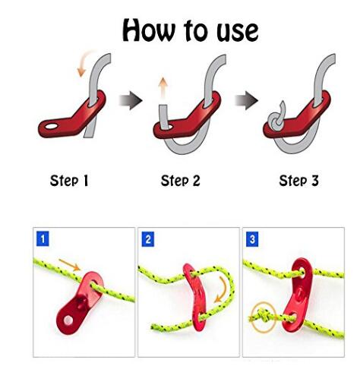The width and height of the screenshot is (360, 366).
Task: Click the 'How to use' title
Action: pos(191,30)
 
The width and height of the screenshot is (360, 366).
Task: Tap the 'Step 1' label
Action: pos(69,181)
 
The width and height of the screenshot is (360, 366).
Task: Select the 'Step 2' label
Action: pos(180,181)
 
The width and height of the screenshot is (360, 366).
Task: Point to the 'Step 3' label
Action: pos(298,181)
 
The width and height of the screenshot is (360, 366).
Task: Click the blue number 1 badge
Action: pos(43,238)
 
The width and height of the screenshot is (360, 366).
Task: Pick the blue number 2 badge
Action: pos(148,239)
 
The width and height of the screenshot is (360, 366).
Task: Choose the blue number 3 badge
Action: pos(252,239)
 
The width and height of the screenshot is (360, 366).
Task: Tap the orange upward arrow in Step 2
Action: pos(163,88)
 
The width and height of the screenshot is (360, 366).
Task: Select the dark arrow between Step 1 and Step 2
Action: pos(131,100)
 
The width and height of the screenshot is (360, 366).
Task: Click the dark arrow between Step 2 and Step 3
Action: pos(246,100)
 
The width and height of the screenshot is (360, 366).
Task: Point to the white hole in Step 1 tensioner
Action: pos(52,126)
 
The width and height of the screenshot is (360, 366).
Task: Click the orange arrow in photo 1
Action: pos(70,265)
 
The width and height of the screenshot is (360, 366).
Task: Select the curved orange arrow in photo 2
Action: pos(222,289)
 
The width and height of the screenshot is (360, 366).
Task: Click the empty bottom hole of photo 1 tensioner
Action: pos(68,320)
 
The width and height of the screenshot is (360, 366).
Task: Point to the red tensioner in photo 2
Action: pos(195,298)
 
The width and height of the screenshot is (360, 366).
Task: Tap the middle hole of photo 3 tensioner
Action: pos(299,293)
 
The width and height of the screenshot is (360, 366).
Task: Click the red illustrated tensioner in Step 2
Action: pos(188,119)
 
